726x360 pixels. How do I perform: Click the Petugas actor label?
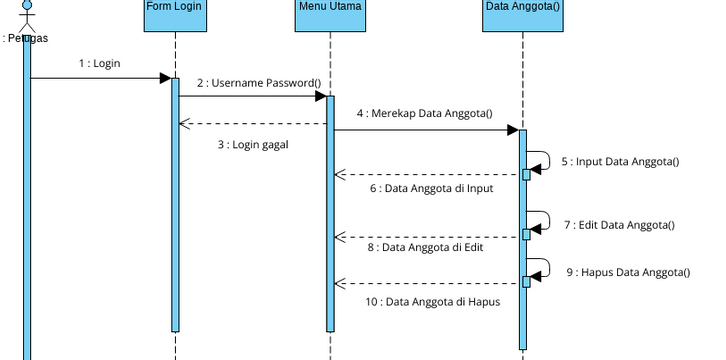[25, 39]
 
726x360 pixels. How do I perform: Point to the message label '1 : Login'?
[99, 63]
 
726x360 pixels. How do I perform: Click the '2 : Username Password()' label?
[258, 82]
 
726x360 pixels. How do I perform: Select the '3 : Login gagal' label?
[253, 144]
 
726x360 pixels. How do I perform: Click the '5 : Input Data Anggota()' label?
[619, 161]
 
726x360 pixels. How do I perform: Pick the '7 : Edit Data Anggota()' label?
[619, 225]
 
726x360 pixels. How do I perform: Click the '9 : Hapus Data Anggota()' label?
[628, 272]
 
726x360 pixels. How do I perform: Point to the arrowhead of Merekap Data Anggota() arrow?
[512, 129]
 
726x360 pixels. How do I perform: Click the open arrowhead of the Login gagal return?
[184, 124]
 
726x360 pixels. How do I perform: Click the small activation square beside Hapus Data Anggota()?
[526, 282]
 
